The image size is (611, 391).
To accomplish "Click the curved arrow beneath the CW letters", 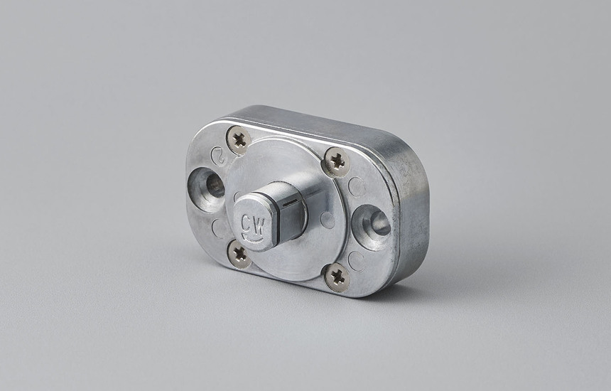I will pos(253,237).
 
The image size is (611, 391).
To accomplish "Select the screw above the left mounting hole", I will pos(239,139).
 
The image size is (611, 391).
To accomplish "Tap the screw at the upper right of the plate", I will pos(337,162).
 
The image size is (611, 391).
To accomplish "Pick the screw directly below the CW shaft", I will pos(239,253).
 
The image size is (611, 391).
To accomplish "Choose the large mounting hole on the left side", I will pos(208,187).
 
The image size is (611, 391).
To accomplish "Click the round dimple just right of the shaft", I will pos(328,220).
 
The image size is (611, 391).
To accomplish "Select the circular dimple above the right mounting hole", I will pos(357,187).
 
